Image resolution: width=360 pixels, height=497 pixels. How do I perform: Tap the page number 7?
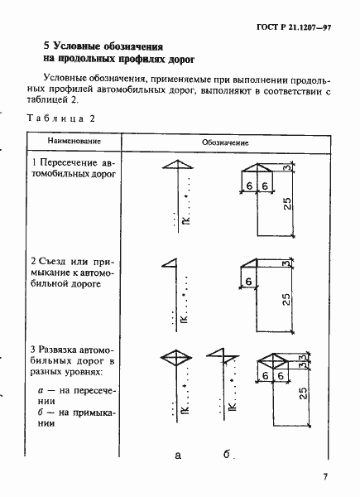click(327, 475)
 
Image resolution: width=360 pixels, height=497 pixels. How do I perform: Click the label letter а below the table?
click(177, 456)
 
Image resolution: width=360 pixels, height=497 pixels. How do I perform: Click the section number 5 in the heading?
click(46, 46)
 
